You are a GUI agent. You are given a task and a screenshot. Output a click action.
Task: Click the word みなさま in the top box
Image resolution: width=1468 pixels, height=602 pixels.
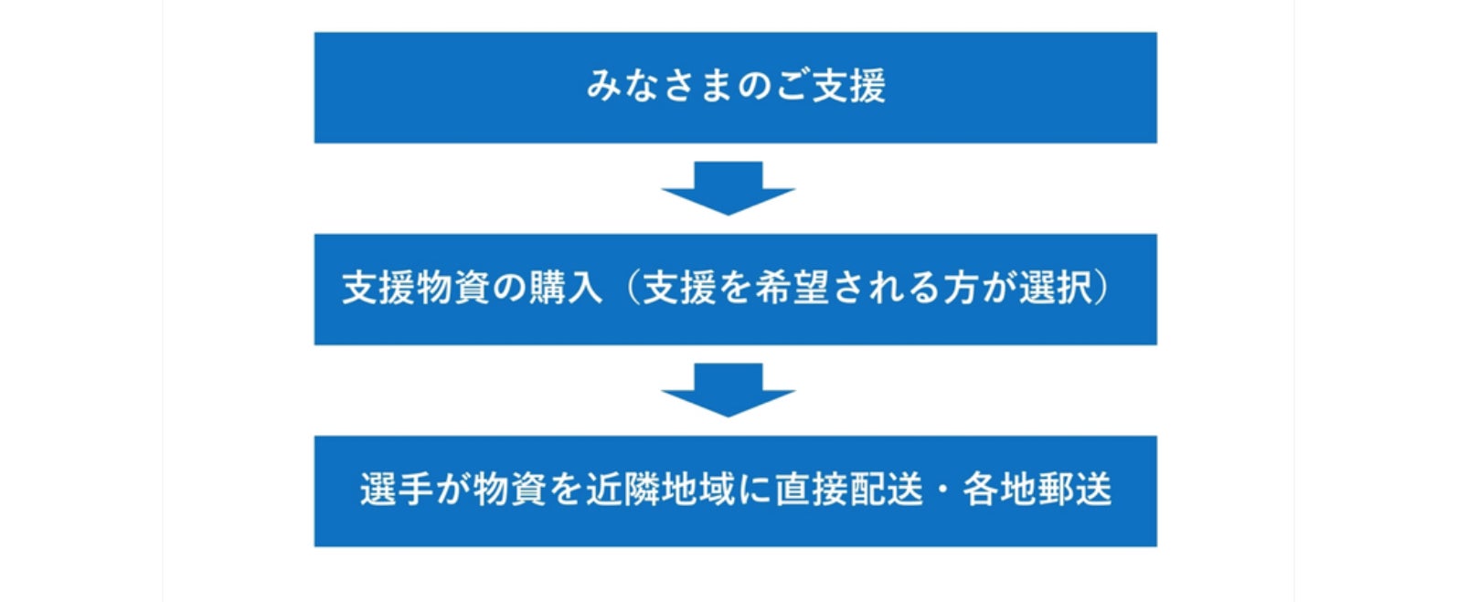pyautogui.click(x=658, y=87)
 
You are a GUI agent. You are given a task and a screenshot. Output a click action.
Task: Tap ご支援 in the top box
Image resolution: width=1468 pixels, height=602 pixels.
pyautogui.click(x=829, y=87)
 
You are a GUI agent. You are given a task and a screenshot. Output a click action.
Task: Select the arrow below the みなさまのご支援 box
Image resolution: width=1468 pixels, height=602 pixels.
pyautogui.click(x=728, y=188)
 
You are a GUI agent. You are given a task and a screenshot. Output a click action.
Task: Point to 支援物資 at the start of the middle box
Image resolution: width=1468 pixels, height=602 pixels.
pyautogui.click(x=416, y=289)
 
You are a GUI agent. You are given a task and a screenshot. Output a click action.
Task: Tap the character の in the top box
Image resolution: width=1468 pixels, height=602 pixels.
pyautogui.click(x=754, y=87)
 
